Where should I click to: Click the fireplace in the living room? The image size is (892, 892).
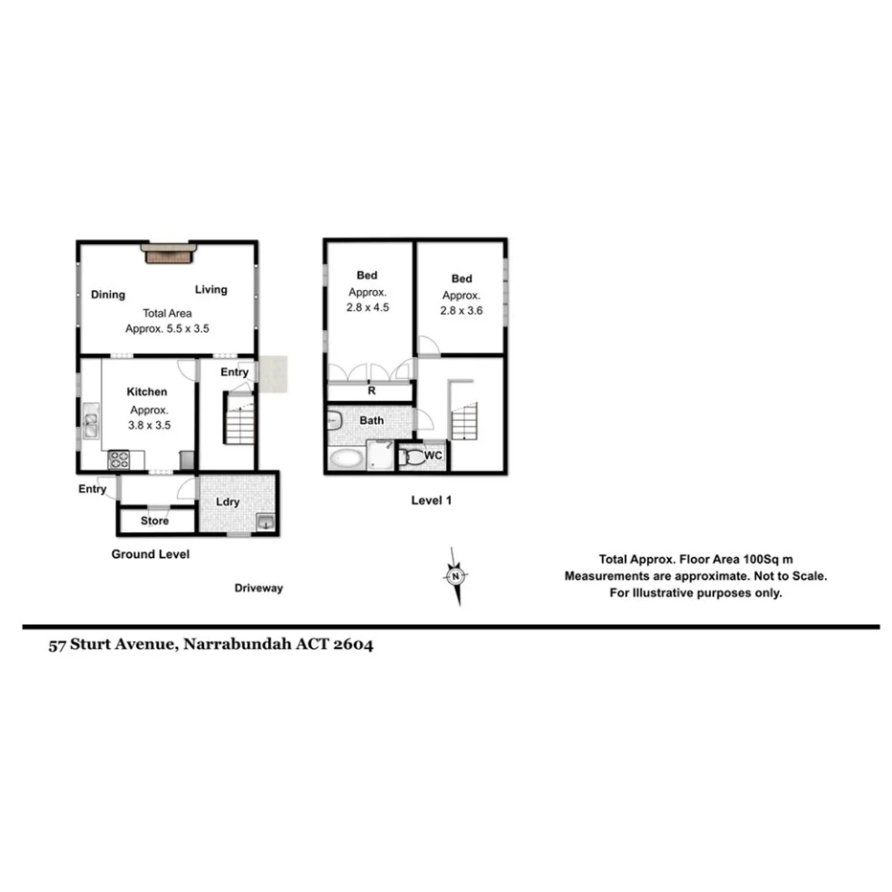168,253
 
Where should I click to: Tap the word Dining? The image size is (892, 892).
108,295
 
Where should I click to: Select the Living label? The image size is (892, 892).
212,290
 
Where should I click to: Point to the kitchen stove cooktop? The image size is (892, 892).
119,459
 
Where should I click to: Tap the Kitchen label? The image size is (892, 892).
147,391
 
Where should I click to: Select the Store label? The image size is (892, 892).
154,521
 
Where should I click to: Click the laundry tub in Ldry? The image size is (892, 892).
264,522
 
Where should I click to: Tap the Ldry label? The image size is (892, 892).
227,502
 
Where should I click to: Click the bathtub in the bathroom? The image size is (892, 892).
346,458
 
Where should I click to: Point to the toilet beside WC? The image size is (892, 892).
412,457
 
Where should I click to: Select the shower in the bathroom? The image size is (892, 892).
380,456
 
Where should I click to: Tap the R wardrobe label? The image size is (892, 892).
369,391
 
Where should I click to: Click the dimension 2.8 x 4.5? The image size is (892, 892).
368,308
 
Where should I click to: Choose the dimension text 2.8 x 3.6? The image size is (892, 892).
460,311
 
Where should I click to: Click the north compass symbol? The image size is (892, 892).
457,576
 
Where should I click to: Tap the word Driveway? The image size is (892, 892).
258,589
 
